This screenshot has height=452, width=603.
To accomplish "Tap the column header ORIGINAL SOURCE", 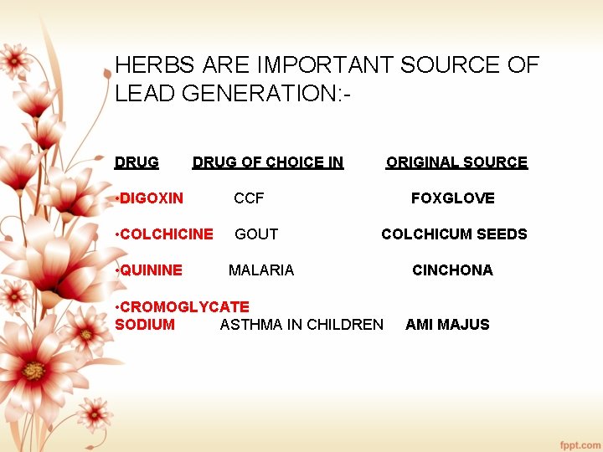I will [456, 162].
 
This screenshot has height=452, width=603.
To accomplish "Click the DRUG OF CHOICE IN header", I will [268, 162].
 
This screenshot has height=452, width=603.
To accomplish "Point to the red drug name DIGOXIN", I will [152, 198].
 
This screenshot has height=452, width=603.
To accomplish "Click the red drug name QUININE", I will [151, 270].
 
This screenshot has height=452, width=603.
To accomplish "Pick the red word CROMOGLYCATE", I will [184, 307].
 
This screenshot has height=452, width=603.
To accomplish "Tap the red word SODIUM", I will [145, 325].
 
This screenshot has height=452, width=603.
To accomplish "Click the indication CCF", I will [249, 198].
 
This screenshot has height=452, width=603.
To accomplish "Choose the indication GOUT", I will [256, 234].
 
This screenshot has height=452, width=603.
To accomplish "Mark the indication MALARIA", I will [261, 270].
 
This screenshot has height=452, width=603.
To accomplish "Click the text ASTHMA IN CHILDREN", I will [301, 325].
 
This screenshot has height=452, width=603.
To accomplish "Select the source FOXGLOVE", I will [452, 198].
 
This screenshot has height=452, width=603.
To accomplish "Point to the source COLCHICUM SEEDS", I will [454, 234].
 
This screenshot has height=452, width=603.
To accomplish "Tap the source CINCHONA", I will [452, 270].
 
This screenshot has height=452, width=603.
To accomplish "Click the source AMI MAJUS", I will [447, 325].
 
